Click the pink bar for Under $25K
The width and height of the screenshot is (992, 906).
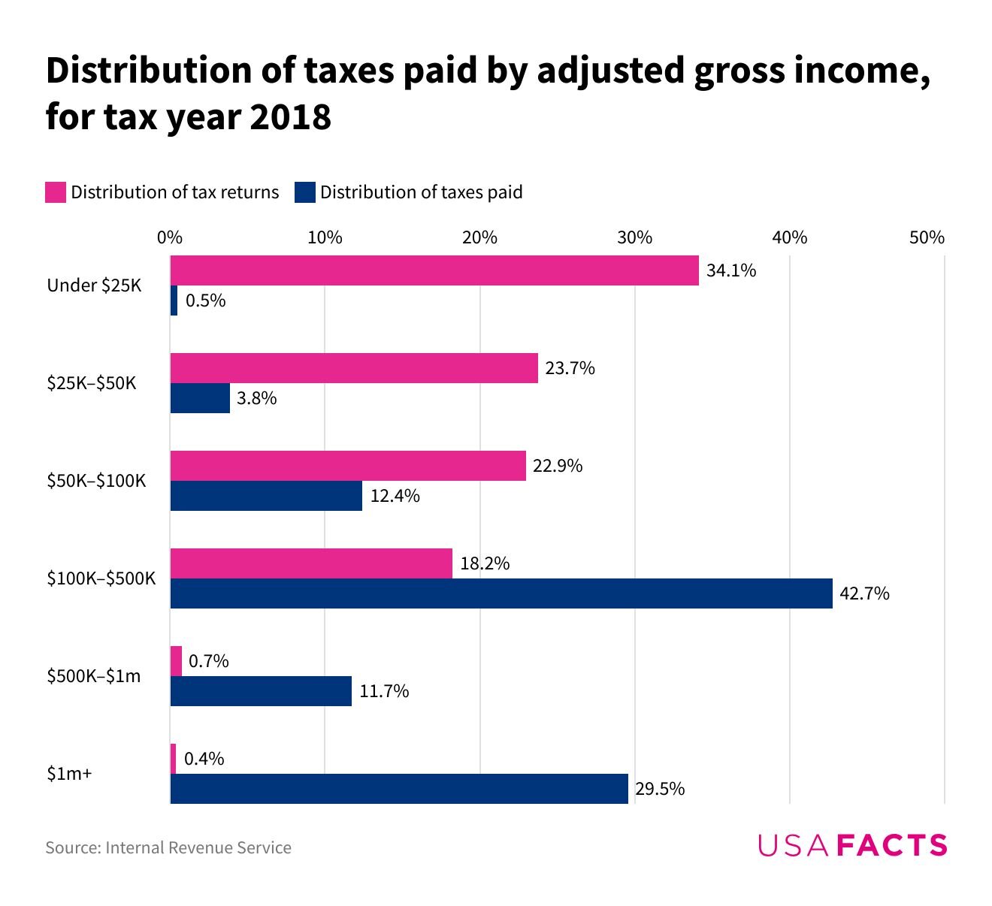tap(434, 270)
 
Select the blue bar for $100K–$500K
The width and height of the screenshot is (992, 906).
tap(501, 593)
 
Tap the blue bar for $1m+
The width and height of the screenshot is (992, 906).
tap(399, 789)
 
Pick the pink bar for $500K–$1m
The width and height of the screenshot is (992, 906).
tap(176, 661)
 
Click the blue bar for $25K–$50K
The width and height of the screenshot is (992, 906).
tap(200, 398)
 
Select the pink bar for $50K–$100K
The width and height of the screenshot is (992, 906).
tap(348, 466)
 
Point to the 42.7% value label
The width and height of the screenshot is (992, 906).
tap(864, 594)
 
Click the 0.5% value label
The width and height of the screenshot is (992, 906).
tap(205, 301)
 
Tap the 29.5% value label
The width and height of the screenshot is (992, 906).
tap(660, 790)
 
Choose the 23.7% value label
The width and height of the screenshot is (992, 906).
tap(570, 369)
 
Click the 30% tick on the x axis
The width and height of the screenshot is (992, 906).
tap(634, 238)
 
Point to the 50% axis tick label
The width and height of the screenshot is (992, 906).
tap(927, 238)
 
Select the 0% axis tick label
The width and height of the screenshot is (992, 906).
tap(170, 238)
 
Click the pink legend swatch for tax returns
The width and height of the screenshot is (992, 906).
tap(56, 192)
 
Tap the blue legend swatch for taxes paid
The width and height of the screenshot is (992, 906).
tap(304, 192)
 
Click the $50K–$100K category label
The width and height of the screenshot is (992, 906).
tap(96, 481)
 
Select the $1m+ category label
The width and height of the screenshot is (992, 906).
tap(69, 774)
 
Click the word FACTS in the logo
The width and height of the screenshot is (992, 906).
tap(891, 846)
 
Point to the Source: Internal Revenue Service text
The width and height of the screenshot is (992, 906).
tap(168, 848)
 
